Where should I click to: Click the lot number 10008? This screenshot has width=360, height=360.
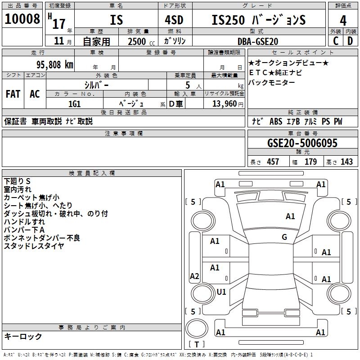tap(22, 19)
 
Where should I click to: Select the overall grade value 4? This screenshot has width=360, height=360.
tap(343, 20)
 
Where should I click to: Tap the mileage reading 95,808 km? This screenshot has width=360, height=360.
tap(54, 65)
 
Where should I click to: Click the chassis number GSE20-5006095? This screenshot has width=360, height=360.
tap(302, 143)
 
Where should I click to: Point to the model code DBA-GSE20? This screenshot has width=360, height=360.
tap(258, 41)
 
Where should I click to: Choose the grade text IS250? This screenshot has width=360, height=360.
tap(228, 20)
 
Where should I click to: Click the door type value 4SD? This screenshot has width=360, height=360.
tap(174, 20)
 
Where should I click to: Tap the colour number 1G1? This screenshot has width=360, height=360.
tap(74, 104)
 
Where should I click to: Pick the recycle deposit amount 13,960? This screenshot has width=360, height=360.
tap(224, 104)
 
